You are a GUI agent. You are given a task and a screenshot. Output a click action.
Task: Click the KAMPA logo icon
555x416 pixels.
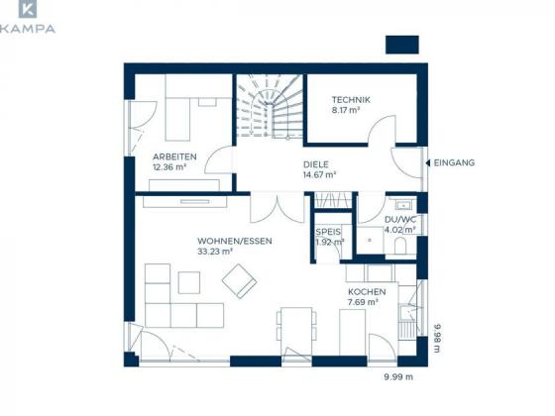28,9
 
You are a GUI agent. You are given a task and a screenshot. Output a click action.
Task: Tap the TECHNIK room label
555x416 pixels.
351,100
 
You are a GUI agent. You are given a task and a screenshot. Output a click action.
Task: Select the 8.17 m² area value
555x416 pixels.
346,110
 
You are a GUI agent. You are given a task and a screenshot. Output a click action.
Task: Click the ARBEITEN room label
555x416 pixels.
174,156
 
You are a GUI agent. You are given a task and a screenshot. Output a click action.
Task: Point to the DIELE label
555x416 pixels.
316,164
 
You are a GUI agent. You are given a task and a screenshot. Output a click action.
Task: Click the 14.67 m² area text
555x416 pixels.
319,174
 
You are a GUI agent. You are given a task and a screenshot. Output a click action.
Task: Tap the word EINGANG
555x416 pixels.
454,162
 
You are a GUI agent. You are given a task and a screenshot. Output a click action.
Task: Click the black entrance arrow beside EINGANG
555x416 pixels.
428,162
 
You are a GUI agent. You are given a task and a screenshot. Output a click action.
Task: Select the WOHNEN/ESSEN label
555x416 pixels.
235,241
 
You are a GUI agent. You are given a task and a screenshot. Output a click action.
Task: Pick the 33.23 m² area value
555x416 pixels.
215,252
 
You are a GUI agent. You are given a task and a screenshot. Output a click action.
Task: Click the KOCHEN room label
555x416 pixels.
367,292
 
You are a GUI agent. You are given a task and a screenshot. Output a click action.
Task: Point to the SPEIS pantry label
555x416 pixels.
328,232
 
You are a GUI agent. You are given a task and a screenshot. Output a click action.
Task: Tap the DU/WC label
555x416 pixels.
400,219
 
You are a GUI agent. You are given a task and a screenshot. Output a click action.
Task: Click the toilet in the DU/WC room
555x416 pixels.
400,246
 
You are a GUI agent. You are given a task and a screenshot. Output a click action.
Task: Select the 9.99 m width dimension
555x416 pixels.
398,377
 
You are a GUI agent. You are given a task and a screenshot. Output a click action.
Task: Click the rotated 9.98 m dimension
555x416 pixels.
437,338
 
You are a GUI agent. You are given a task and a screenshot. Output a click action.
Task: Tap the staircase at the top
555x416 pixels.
270,106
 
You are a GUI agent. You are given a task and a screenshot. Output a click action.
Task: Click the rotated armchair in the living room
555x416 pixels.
239,281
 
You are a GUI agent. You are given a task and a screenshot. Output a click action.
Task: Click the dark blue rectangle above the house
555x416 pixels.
402,45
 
